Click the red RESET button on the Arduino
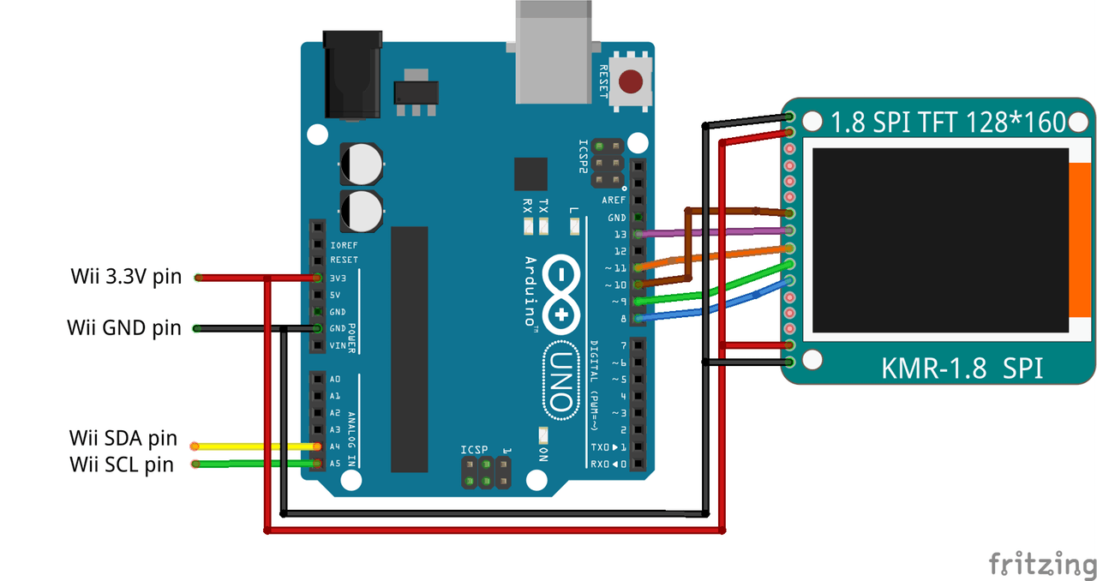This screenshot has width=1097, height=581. coord(631,82)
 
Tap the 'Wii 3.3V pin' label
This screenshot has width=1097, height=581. coord(127,277)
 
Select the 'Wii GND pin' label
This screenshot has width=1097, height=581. coord(124,327)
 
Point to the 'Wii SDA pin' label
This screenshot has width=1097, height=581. coord(123,439)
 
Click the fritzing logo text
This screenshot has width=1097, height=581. coord(1042,565)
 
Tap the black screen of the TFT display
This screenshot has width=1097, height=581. coord(940,241)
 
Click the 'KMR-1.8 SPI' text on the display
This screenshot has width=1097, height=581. coord(962,368)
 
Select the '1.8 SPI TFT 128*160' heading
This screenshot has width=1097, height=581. coord(948,122)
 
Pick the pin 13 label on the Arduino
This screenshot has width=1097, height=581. coord(620,234)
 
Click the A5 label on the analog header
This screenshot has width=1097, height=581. coord(334,464)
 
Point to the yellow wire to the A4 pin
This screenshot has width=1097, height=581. coord(257,446)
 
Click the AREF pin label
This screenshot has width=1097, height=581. coord(614,200)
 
